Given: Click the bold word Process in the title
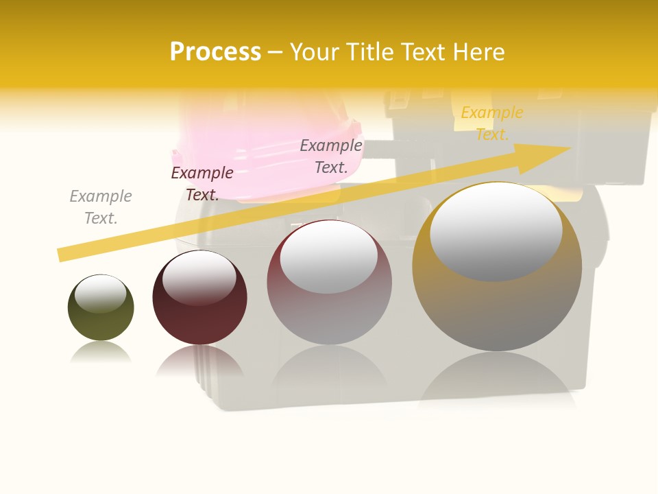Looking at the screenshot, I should click(x=215, y=52).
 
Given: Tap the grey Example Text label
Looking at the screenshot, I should click(x=101, y=207).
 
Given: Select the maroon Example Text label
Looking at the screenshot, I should click(x=202, y=184).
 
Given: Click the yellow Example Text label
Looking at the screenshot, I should click(x=492, y=123).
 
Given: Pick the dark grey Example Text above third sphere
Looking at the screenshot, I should click(x=331, y=156).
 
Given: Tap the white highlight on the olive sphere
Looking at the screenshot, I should click(x=100, y=294).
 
